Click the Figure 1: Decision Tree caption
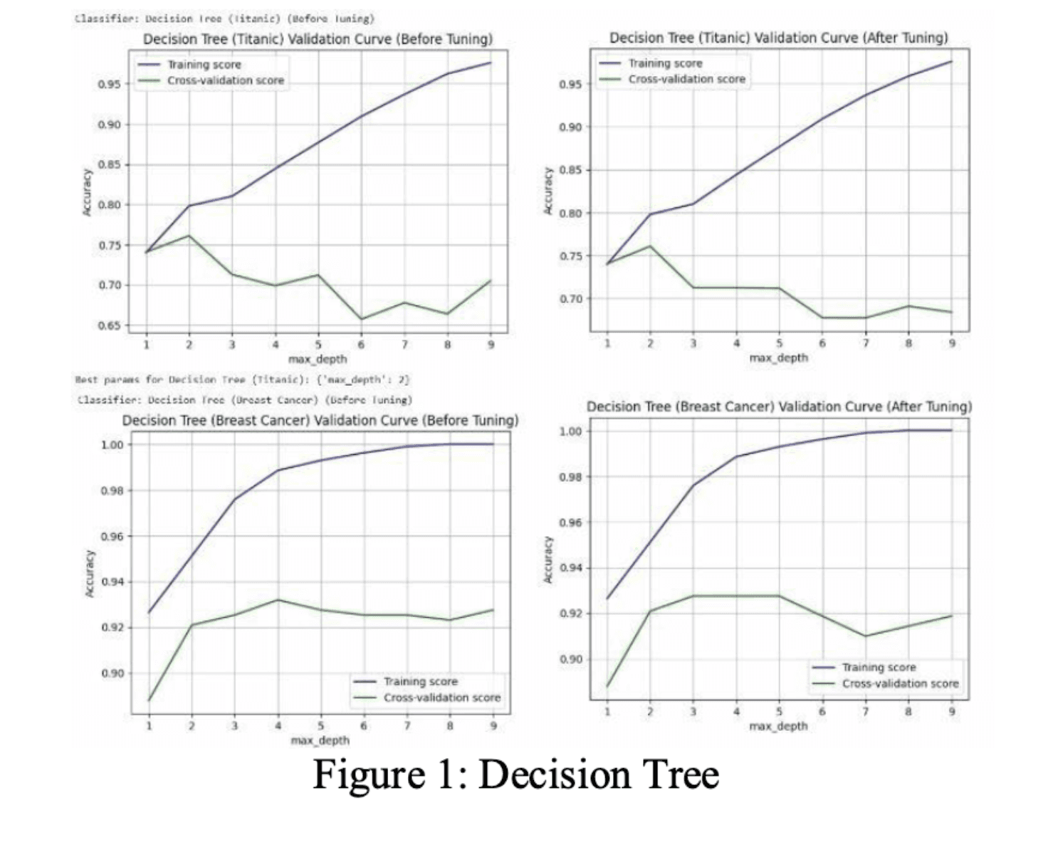click(515, 774)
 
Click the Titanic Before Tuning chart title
click(318, 38)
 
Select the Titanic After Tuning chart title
click(778, 38)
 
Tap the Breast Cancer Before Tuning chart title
click(320, 420)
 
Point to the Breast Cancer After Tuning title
click(778, 406)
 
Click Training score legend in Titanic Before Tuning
click(204, 65)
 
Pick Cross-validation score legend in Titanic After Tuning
click(686, 79)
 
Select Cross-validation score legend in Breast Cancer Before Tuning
click(441, 698)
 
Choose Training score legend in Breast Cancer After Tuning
click(879, 667)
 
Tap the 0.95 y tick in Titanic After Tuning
click(571, 85)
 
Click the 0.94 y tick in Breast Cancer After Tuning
click(571, 568)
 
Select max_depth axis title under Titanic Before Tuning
click(318, 359)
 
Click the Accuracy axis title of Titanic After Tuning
click(548, 191)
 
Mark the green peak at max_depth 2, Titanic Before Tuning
click(189, 236)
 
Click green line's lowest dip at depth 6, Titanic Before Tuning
click(361, 319)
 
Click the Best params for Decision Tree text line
click(243, 379)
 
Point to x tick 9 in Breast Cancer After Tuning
click(951, 711)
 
